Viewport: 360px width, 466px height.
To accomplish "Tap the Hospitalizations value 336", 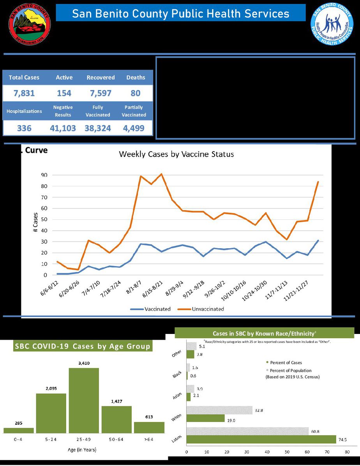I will pos(24,128).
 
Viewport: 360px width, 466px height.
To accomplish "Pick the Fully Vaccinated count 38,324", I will pos(98,128).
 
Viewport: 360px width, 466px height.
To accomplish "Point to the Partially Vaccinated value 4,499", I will pos(134,128).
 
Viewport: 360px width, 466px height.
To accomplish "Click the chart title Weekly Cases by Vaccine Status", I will pos(176,154).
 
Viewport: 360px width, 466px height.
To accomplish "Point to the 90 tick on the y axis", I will pos(44,175).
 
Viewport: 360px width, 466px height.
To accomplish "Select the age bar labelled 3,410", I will pos(84,400).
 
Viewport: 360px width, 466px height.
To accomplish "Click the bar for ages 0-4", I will pos(19,430).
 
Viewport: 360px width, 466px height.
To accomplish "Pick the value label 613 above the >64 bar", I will pos(149,417).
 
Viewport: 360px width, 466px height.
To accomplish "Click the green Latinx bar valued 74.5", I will pos(261,439).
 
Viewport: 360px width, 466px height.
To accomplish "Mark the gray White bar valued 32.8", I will pos(219,410).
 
